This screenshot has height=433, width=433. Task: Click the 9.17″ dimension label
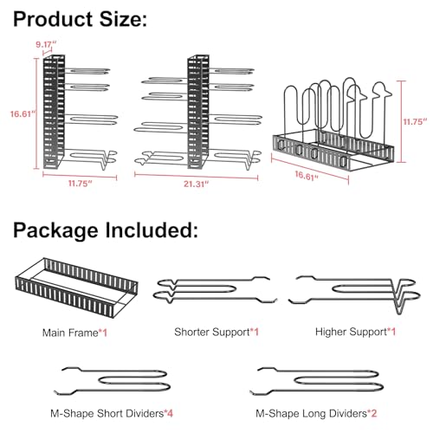coord(46,45)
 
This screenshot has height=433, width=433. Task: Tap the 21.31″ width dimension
coord(197,184)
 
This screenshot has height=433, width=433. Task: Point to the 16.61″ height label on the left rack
coord(23,114)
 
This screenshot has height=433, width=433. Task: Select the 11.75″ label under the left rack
coord(80,184)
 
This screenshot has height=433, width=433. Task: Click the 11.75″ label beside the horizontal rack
coord(415,121)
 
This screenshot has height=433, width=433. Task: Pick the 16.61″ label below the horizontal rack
coord(307,176)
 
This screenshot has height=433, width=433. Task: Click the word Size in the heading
coord(123,19)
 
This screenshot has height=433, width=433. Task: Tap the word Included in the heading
coord(152,230)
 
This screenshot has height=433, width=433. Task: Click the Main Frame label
coord(70,333)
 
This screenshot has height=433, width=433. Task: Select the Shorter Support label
coord(212,332)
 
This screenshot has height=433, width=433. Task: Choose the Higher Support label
coord(351,332)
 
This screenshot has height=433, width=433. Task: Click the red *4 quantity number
coord(169,413)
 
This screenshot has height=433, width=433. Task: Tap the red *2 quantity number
coord(372,413)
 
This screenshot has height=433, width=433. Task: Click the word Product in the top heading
coord(53,19)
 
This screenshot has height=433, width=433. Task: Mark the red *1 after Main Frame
coord(103,333)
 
